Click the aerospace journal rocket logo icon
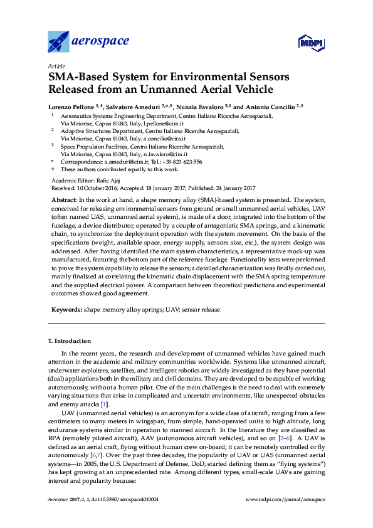(x=59, y=42)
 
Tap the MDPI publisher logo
(x=309, y=43)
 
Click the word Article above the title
(x=56, y=66)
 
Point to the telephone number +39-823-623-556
(x=182, y=161)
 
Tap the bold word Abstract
(x=63, y=198)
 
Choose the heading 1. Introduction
(x=70, y=341)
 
